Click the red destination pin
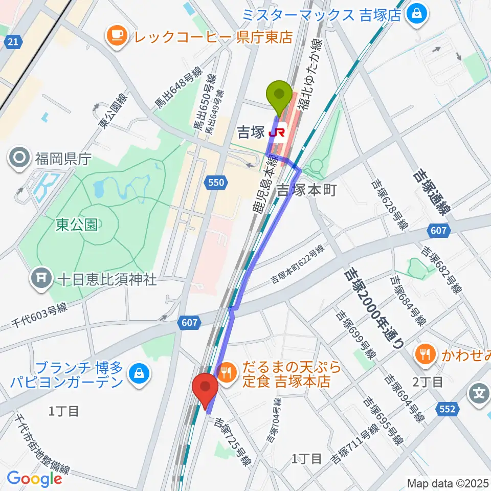point(206,389)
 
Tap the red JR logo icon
point(277,133)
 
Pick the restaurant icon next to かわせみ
point(425,352)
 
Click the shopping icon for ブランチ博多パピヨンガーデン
point(138,374)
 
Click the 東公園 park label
point(77,225)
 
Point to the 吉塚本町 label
point(306,190)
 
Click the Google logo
point(34,478)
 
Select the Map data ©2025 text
point(448,483)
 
